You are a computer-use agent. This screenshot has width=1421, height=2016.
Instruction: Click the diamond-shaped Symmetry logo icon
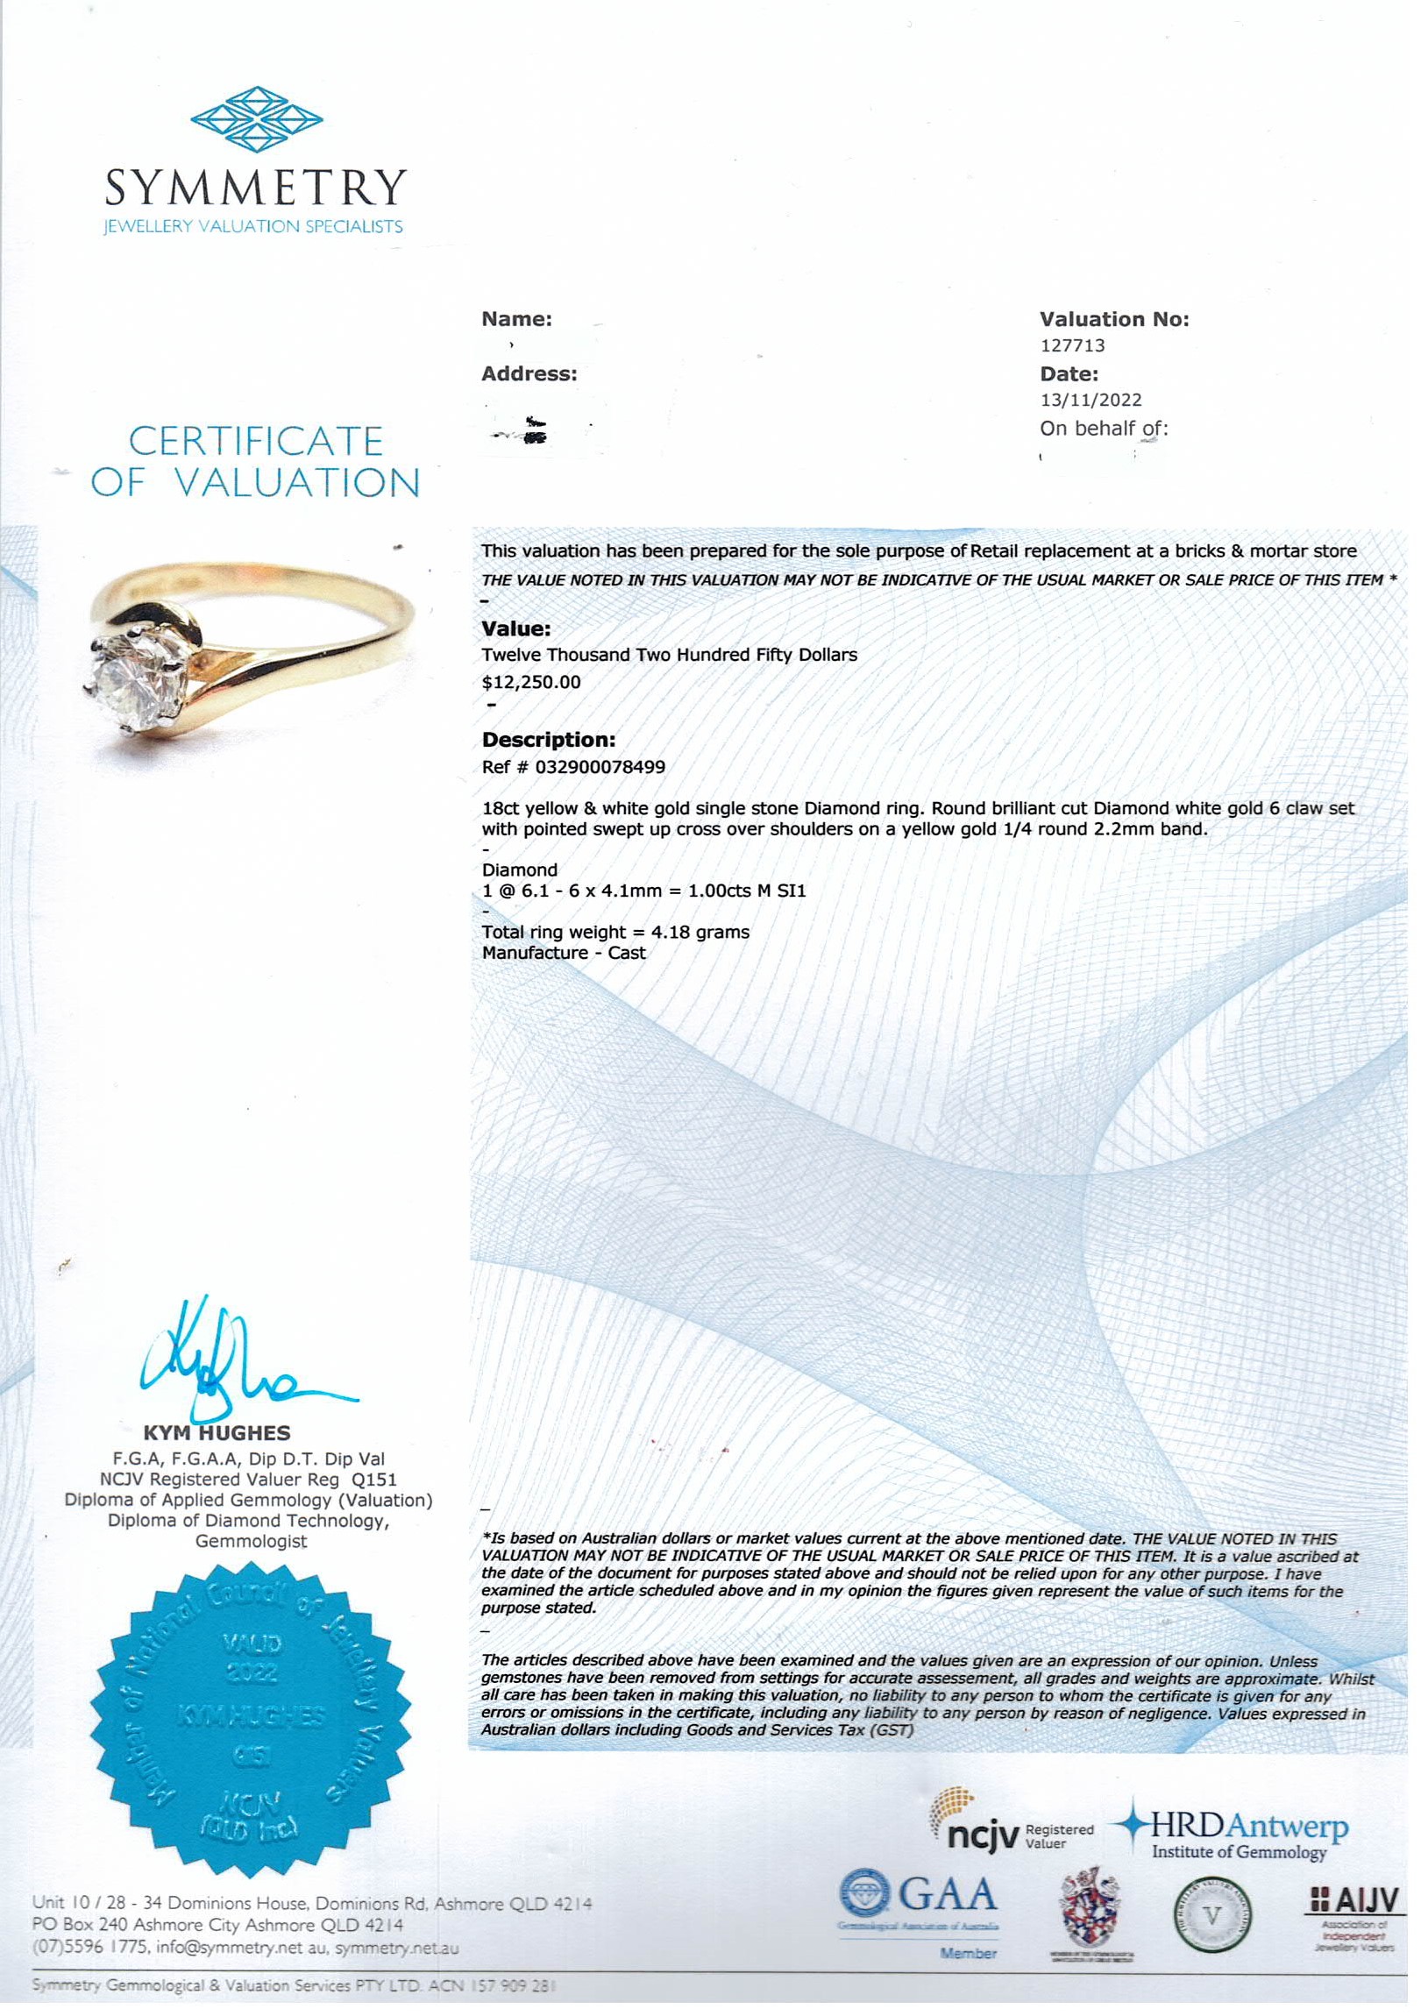pyautogui.click(x=257, y=118)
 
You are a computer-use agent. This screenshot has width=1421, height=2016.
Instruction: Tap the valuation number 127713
pyautogui.click(x=1072, y=347)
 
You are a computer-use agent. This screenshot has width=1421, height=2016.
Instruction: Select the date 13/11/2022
pyautogui.click(x=1091, y=401)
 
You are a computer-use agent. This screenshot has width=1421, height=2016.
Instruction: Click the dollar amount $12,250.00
pyautogui.click(x=531, y=683)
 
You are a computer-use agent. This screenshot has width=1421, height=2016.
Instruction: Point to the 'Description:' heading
pyautogui.click(x=549, y=740)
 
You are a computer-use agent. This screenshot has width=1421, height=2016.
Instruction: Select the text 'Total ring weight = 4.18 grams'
pyautogui.click(x=615, y=933)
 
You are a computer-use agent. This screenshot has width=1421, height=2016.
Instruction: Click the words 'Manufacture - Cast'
pyautogui.click(x=564, y=955)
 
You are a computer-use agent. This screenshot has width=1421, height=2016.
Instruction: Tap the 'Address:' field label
pyautogui.click(x=529, y=375)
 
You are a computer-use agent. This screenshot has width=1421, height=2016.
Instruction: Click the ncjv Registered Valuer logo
pyautogui.click(x=1015, y=1832)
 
